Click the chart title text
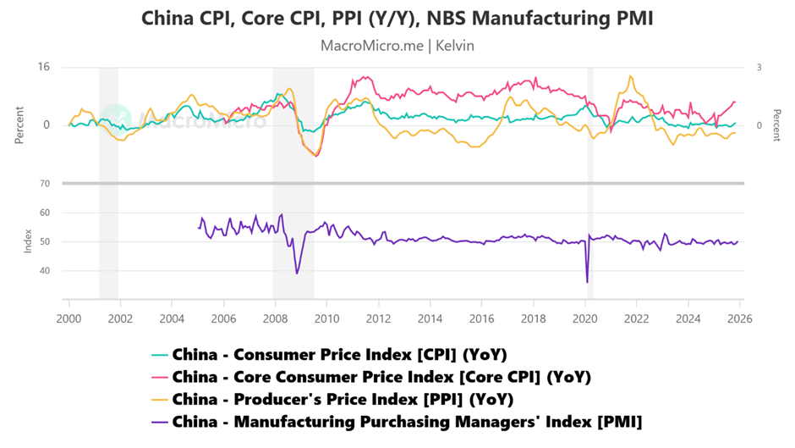pyautogui.click(x=397, y=18)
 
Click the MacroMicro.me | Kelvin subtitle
pyautogui.click(x=397, y=46)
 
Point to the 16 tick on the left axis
pyautogui.click(x=44, y=68)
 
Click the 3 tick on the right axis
pyautogui.click(x=759, y=68)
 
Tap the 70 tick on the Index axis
pyautogui.click(x=44, y=183)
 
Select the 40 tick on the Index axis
pyautogui.click(x=44, y=271)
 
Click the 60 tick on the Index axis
pyautogui.click(x=44, y=213)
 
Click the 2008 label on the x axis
pyautogui.click(x=275, y=318)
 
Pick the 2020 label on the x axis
pyautogui.click(x=584, y=318)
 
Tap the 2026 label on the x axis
pyautogui.click(x=739, y=318)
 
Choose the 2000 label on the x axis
pyautogui.click(x=69, y=318)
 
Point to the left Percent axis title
pyautogui.click(x=18, y=125)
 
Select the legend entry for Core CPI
pyautogui.click(x=381, y=377)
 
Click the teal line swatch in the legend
pyautogui.click(x=159, y=355)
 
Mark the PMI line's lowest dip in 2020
pyautogui.click(x=587, y=282)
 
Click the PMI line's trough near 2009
pyautogui.click(x=297, y=273)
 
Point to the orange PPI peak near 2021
pyautogui.click(x=630, y=76)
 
